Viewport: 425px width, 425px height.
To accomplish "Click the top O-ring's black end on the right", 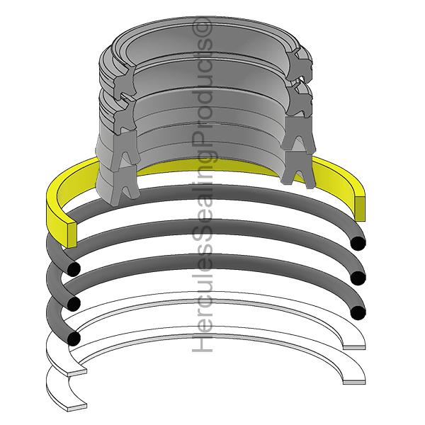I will click(x=359, y=243).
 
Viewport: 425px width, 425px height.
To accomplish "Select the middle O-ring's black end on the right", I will click(x=359, y=278).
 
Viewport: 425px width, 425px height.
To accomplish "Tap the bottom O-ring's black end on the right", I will click(x=358, y=312).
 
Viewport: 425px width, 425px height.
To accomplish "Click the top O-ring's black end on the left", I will click(x=72, y=269).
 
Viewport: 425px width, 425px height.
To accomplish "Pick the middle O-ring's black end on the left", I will click(x=72, y=304).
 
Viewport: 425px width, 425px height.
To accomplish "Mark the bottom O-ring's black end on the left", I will click(x=72, y=339).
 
